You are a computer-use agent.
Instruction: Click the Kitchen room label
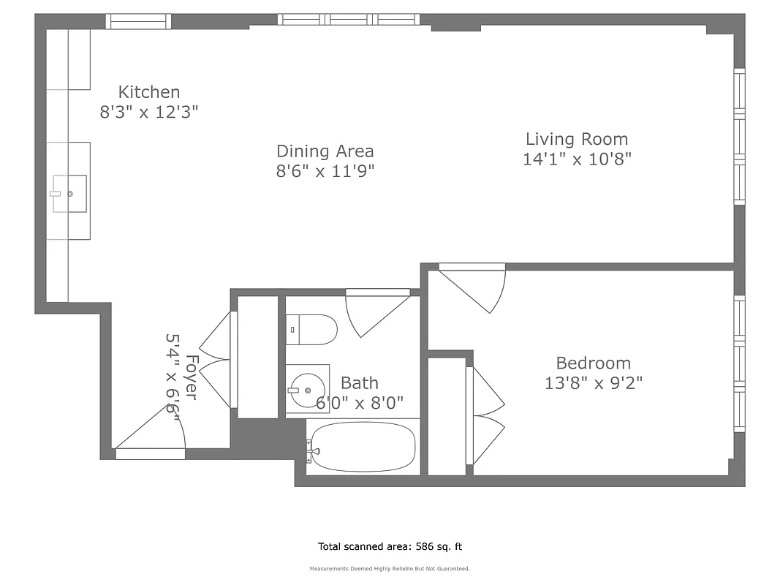pos(149,92)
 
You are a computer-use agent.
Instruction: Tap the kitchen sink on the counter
pos(69,194)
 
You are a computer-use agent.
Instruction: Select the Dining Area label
pos(325,151)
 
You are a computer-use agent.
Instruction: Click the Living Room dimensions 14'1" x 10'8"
pos(577,159)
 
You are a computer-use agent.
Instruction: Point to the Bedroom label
pos(593,363)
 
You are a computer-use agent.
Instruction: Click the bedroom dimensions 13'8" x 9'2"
pos(593,382)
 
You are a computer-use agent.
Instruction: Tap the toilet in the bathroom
pos(311,329)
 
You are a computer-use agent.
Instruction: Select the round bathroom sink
pos(306,389)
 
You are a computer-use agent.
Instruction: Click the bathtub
pos(362,446)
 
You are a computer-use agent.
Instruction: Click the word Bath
pos(360,382)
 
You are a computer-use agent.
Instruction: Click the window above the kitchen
pos(138,22)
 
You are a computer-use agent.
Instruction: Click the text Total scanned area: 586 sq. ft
pos(390,546)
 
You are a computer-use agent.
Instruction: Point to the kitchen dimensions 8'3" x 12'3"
pos(149,112)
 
